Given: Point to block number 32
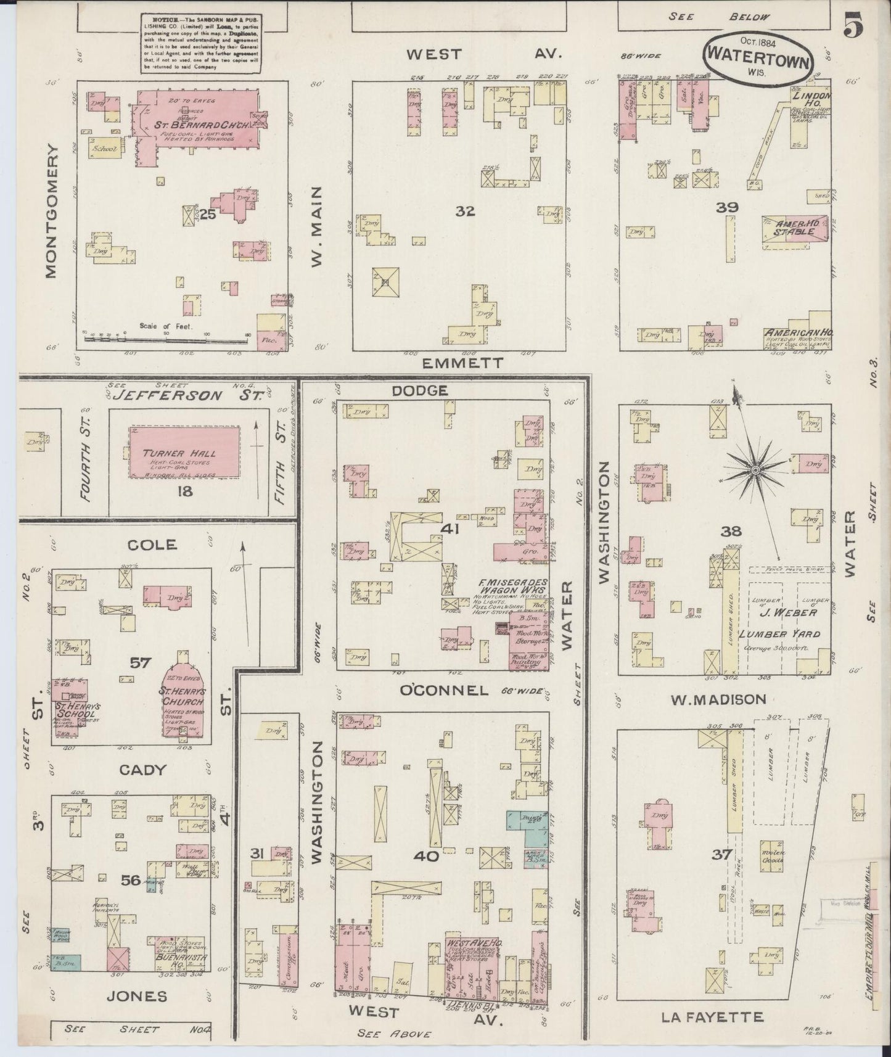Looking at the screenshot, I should [x=465, y=211].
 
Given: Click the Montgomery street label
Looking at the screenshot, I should [x=52, y=212].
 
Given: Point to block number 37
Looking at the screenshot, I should [x=721, y=855].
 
